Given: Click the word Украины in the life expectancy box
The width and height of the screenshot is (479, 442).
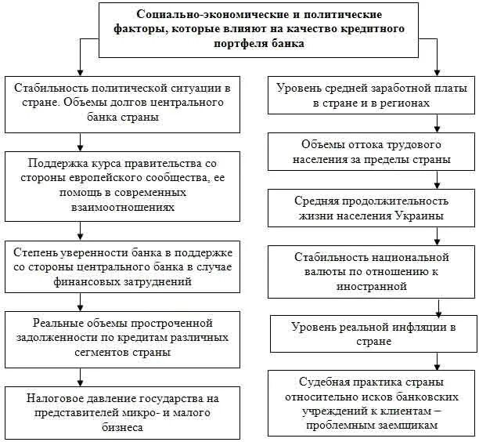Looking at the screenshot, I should pyautogui.click(x=419, y=216).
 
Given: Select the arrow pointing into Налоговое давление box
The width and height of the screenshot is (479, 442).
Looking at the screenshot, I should pyautogui.click(x=80, y=379).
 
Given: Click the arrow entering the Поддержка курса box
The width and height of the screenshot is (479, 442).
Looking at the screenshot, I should pyautogui.click(x=80, y=143).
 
